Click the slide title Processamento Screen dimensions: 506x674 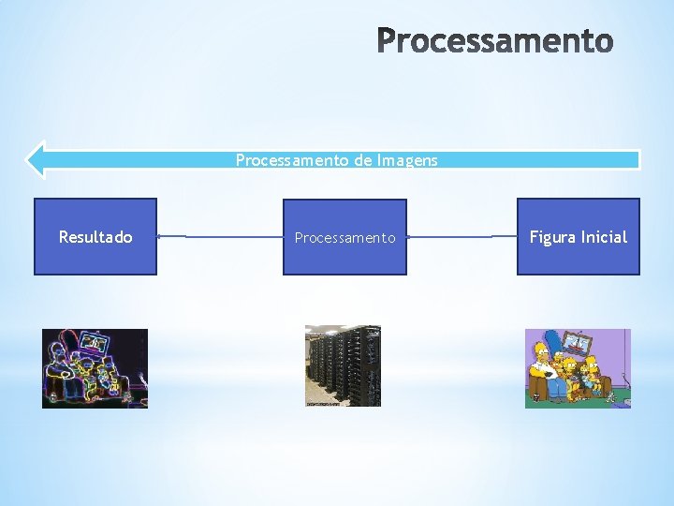[x=495, y=41]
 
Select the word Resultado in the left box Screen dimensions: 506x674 [x=95, y=237]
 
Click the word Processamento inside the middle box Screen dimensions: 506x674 [x=344, y=238]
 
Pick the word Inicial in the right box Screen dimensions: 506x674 [x=604, y=237]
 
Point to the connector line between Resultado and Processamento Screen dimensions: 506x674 [x=219, y=237]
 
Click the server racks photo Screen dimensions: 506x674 [x=343, y=365]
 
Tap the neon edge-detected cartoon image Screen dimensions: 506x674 [x=95, y=368]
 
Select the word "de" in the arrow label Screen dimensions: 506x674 [x=362, y=160]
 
